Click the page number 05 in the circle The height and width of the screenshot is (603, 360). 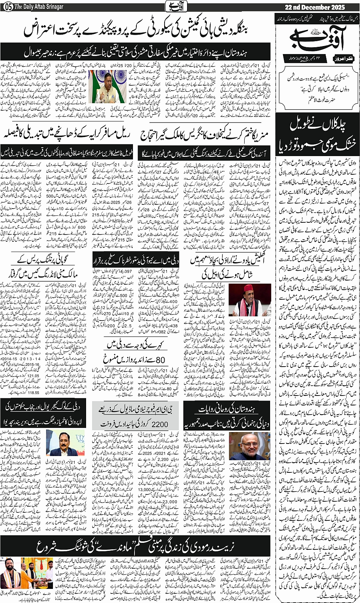[x=8, y=7]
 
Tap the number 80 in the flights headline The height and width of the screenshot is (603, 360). [x=161, y=359]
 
